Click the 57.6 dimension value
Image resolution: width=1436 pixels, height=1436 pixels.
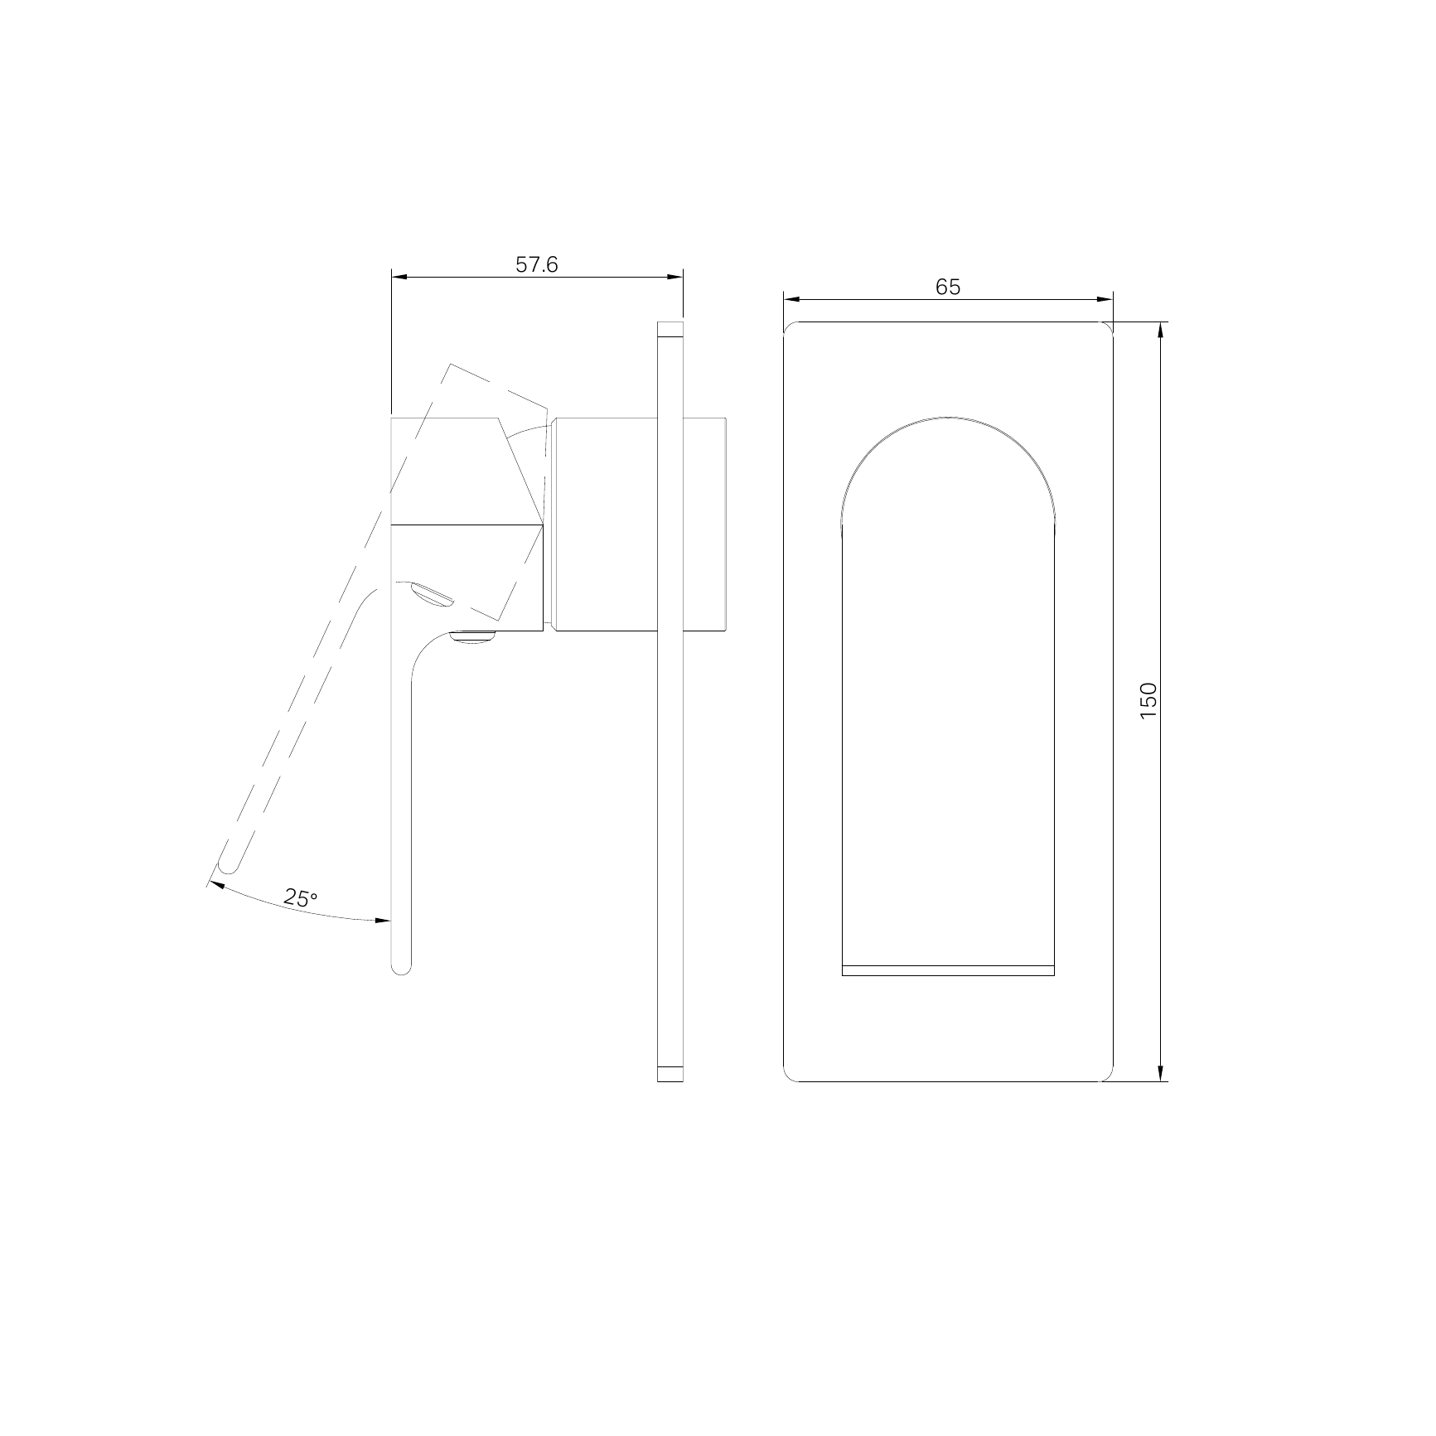[537, 264]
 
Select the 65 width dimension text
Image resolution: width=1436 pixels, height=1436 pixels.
[948, 287]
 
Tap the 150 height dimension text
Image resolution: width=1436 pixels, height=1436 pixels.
[1148, 701]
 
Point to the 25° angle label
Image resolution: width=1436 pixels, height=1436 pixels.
[301, 897]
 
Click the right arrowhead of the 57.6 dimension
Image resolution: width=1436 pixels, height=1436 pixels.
[674, 278]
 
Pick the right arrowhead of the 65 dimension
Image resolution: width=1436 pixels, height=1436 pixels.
[1104, 300]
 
